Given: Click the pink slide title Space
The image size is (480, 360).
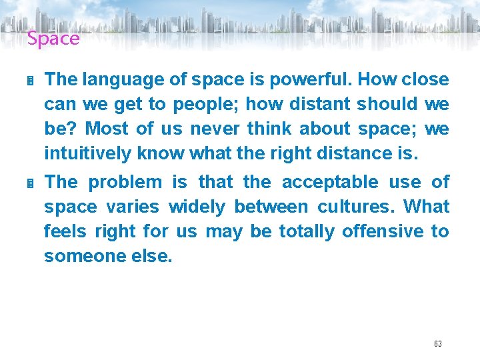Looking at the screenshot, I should [x=53, y=39].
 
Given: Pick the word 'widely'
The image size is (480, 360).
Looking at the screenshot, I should [x=197, y=207].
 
